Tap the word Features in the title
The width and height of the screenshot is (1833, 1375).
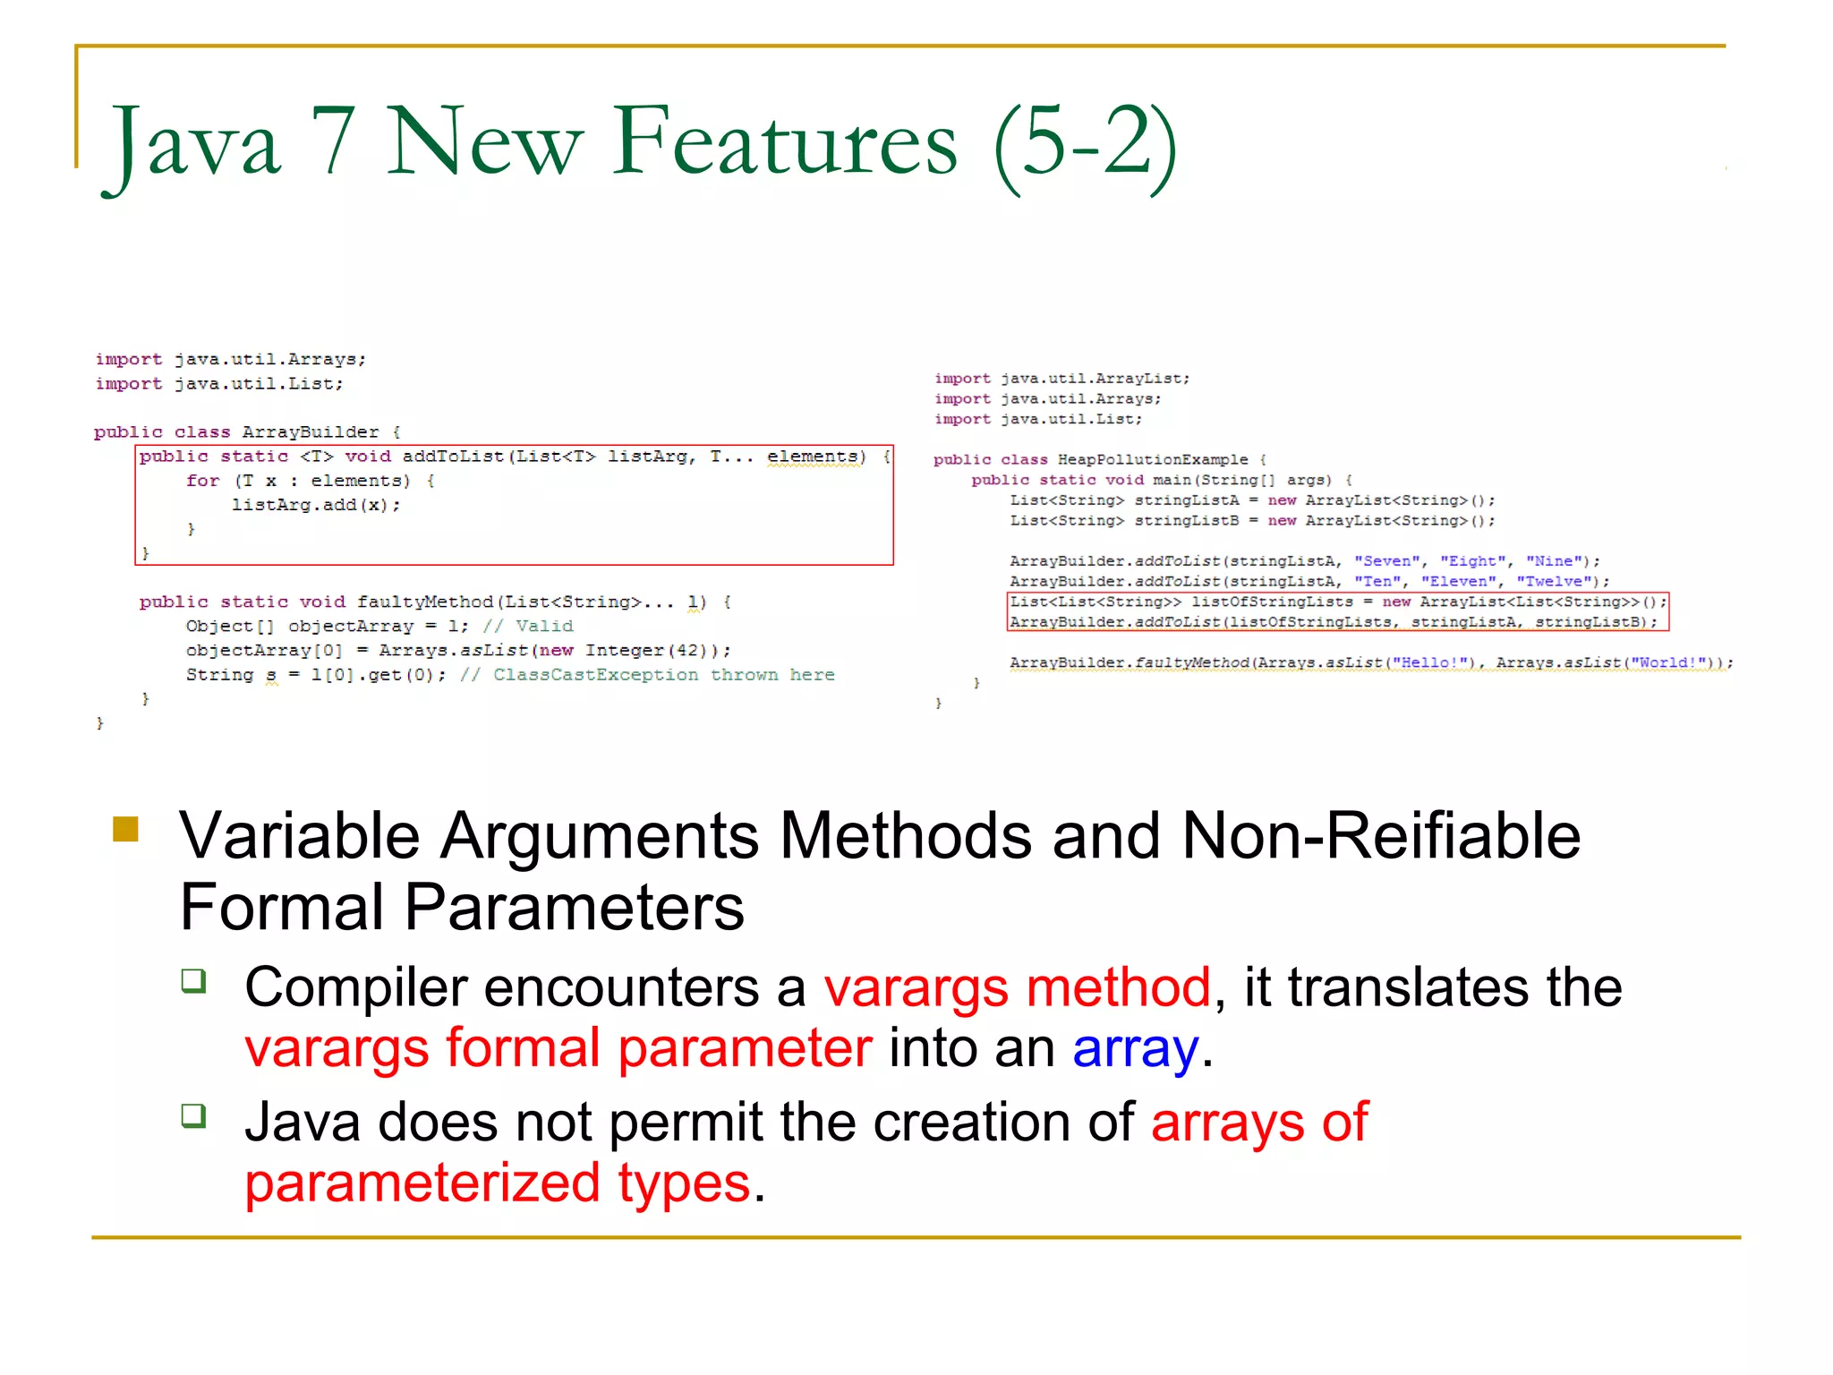point(784,141)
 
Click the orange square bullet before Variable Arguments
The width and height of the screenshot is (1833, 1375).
point(126,829)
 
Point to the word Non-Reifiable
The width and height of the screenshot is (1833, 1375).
point(1381,836)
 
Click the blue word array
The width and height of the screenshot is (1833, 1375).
point(1135,1048)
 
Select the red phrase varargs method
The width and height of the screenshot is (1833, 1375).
point(1018,987)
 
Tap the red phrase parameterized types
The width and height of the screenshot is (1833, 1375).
point(498,1183)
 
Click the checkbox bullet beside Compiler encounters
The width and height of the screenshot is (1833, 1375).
point(193,981)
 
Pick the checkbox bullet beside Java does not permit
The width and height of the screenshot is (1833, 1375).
point(193,1115)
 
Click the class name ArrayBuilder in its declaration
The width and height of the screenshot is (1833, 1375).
point(310,432)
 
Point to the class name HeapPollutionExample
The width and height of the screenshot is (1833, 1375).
point(1152,460)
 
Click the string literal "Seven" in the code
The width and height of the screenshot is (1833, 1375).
point(1386,561)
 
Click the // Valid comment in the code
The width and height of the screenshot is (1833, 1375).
point(528,627)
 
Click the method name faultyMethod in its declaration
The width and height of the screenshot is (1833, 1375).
point(425,602)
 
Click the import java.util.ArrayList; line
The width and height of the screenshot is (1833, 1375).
point(1061,379)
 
